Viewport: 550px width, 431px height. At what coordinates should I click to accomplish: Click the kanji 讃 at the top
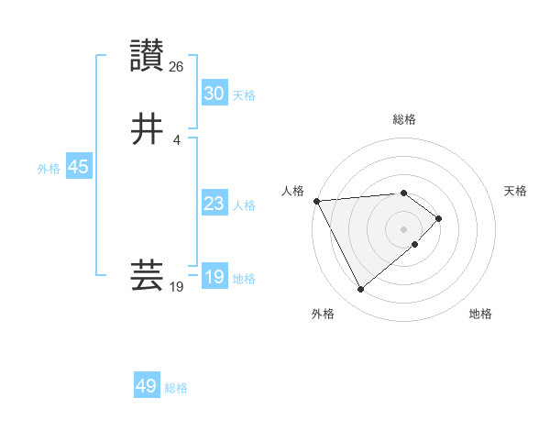click(147, 55)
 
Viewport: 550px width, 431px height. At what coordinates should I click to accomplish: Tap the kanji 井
click(147, 129)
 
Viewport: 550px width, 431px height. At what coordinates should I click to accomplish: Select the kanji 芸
click(147, 275)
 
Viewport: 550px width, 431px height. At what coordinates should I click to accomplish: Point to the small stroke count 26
click(177, 66)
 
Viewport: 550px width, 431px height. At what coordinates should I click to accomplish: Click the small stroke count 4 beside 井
click(177, 140)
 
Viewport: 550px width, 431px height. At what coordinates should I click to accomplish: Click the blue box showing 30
click(214, 94)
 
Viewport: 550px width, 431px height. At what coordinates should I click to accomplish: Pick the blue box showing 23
click(214, 204)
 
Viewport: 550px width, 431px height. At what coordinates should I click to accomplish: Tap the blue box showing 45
click(78, 167)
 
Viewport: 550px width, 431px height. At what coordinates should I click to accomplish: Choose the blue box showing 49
click(147, 386)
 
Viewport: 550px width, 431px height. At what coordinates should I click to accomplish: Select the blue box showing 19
click(214, 277)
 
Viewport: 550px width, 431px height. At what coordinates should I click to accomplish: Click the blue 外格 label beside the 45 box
click(49, 169)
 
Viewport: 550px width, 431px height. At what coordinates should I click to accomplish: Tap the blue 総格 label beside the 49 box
click(177, 388)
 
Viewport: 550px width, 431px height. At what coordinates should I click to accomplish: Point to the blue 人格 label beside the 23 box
click(245, 205)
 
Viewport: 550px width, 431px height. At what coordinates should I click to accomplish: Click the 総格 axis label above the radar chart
click(404, 119)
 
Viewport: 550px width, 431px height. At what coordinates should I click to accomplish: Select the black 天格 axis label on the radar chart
click(516, 191)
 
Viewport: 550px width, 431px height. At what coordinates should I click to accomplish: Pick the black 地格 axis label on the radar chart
click(480, 314)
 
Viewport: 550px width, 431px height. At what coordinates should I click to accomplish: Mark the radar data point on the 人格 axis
click(316, 200)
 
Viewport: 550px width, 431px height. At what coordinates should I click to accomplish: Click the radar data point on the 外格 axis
click(361, 290)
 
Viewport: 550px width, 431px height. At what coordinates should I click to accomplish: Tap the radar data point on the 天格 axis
click(439, 218)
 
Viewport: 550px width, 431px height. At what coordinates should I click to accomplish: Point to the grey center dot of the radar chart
click(404, 228)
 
